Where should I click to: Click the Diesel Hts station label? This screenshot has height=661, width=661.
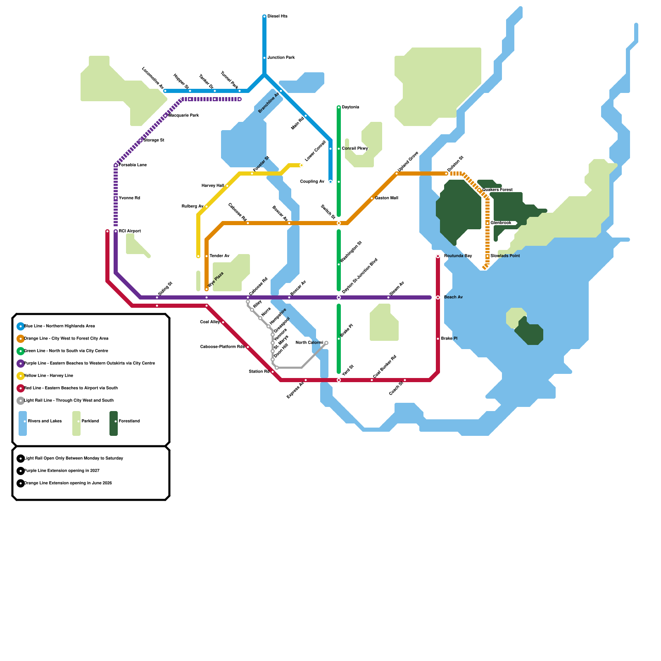(277, 17)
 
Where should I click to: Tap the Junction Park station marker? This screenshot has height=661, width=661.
(264, 58)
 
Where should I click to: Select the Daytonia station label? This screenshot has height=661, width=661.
(350, 107)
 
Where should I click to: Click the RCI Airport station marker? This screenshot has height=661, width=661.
(116, 231)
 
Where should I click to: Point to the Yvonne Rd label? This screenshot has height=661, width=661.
(129, 198)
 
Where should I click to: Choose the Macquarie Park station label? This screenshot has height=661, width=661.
(184, 116)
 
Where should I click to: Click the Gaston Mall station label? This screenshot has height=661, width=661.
(386, 198)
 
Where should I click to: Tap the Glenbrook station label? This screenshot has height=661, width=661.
(501, 223)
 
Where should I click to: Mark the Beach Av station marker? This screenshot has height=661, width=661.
(438, 297)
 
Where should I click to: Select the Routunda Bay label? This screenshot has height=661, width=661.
(458, 256)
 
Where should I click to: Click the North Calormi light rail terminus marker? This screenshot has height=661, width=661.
(326, 343)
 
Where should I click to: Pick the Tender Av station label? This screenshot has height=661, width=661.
(219, 256)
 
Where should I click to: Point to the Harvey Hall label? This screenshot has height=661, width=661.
(213, 186)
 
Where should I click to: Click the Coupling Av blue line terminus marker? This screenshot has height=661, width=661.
(330, 182)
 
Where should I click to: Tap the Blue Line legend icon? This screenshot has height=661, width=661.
(21, 326)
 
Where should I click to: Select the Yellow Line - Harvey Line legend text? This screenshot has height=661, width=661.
(48, 376)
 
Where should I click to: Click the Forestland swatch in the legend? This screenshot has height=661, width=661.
(114, 423)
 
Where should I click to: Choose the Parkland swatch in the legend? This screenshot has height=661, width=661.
(76, 423)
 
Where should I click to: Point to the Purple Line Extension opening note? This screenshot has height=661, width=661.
(62, 471)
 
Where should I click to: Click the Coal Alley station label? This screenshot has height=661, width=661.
(210, 322)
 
